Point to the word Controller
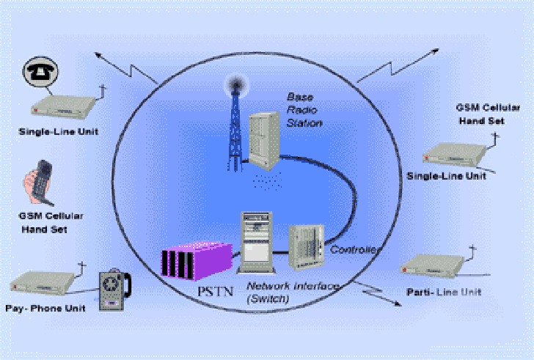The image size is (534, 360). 356,250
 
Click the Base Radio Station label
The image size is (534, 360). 304,110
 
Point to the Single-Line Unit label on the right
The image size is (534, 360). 446,177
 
